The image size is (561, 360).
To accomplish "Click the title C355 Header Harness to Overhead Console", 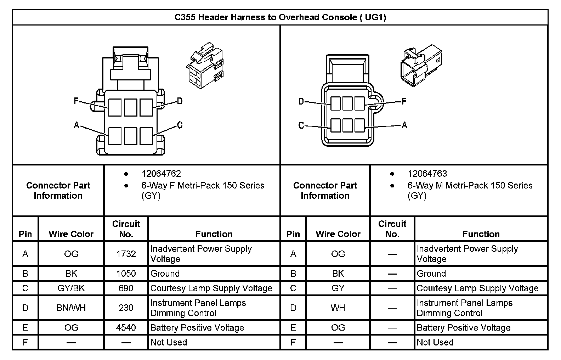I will pos(280,17).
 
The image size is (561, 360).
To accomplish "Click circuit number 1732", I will pos(126,254).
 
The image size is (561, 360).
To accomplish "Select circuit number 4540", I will pos(126,328).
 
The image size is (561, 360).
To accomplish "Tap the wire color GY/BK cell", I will pos(71,288).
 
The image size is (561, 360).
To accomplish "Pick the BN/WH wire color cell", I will pos(71,308).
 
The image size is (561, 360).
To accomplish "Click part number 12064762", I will pos(161,174).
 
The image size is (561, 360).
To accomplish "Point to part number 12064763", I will pos(427,174).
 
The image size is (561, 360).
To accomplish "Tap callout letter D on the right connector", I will pos(301,102).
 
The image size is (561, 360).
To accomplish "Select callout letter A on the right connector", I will pos(404,125).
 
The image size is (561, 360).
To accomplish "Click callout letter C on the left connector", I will pos(180,125).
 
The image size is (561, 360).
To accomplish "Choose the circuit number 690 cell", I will pos(126,288).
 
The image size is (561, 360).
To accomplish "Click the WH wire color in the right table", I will pos(338,308).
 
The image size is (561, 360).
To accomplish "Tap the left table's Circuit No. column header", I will pos(126,229).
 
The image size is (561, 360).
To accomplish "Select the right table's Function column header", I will pos(481,234).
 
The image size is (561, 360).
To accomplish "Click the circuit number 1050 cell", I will pos(126,274).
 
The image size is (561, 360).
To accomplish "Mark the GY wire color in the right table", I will pos(338,288).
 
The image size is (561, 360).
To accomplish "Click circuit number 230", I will pos(126,308).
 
